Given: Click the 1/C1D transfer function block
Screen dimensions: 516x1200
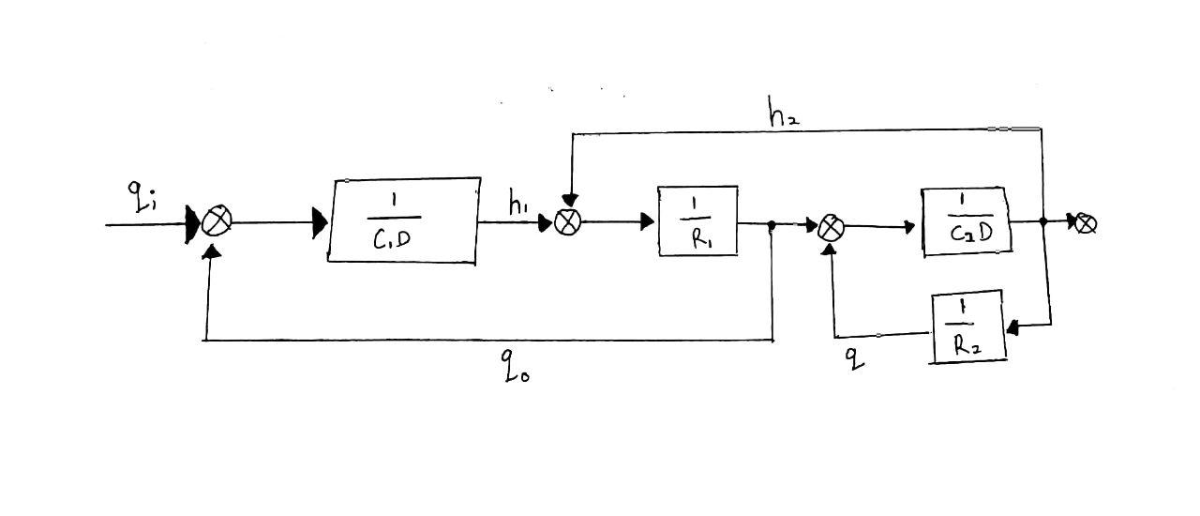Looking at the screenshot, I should (x=403, y=220).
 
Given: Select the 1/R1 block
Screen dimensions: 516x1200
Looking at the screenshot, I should (x=697, y=221).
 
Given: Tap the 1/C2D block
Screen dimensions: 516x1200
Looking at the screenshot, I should (x=966, y=221).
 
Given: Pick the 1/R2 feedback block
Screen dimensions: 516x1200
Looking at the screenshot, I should (x=967, y=326).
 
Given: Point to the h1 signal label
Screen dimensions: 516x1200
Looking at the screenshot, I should (x=517, y=205).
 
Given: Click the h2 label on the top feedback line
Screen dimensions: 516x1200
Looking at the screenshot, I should (x=783, y=115).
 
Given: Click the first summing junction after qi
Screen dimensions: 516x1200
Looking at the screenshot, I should (x=217, y=222).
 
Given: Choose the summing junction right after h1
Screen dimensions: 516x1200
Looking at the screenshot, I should (x=568, y=222).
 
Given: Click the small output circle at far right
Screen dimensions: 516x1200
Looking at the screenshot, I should (x=1086, y=223).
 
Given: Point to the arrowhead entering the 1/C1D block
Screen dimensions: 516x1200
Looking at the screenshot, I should (x=320, y=223).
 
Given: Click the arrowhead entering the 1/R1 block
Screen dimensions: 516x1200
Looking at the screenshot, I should (x=647, y=222).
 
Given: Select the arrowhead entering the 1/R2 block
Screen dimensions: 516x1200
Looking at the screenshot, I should (x=1012, y=326).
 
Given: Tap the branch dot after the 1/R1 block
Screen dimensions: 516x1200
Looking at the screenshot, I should (x=772, y=225).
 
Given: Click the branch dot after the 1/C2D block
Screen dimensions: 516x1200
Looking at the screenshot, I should (x=1043, y=222).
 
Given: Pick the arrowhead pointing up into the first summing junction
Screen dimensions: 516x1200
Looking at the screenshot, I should (x=213, y=250).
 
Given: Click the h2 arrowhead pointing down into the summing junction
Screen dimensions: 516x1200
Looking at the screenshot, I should (x=570, y=200).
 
